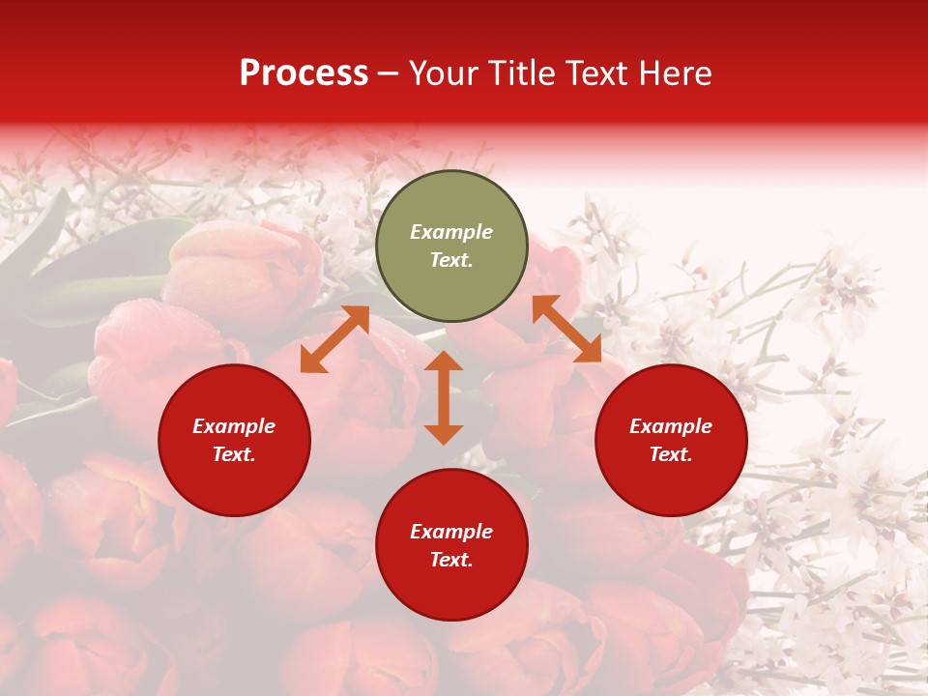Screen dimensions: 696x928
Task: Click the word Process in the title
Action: [x=304, y=73]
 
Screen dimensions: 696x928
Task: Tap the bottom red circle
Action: [x=451, y=590]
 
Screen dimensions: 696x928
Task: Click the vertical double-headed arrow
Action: [x=444, y=397]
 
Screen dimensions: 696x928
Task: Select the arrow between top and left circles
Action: [x=334, y=339]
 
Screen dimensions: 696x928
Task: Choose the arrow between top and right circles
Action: [x=566, y=329]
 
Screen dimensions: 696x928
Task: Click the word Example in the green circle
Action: [x=451, y=232]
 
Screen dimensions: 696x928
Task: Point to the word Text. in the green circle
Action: [x=451, y=260]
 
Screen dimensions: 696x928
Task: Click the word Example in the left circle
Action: [x=234, y=426]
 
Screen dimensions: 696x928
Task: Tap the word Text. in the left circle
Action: [x=234, y=454]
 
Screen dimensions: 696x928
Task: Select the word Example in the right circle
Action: [x=671, y=426]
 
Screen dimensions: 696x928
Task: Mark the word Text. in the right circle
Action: [x=671, y=454]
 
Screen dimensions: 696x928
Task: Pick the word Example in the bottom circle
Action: [x=451, y=532]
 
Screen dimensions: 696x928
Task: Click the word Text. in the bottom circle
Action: [x=451, y=560]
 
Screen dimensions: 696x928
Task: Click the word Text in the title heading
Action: [x=594, y=73]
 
